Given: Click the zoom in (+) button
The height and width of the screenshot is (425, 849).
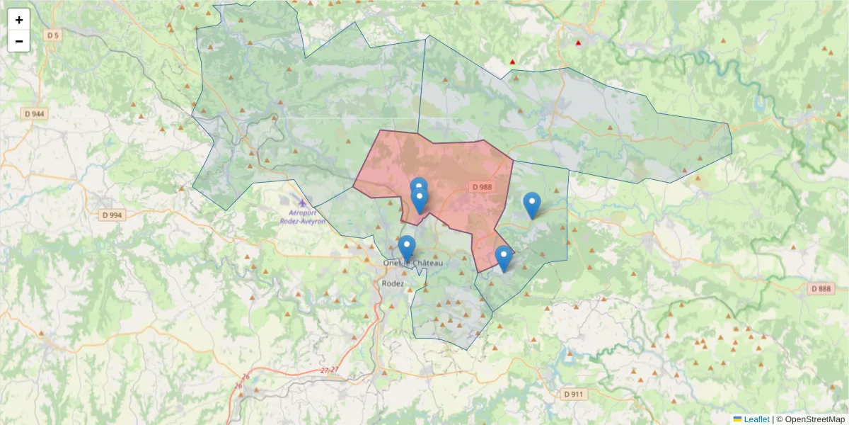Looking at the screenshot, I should click(x=19, y=20).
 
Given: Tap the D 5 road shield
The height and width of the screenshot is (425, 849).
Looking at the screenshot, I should click(x=52, y=35).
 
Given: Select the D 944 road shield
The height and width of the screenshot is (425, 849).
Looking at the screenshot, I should click(x=34, y=113).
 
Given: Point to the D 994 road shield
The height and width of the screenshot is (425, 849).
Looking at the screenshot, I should click(x=112, y=215).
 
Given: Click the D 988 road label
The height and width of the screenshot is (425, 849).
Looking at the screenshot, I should click(x=481, y=187).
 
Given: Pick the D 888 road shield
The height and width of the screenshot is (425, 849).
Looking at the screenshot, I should click(x=821, y=289).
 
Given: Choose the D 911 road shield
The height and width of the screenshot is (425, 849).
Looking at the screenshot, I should click(x=575, y=394).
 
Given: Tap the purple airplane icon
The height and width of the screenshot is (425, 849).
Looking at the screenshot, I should click(x=303, y=203).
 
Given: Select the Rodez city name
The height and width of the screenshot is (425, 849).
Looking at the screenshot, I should click(x=392, y=283).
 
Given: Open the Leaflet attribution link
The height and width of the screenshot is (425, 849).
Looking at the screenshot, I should click(x=756, y=419).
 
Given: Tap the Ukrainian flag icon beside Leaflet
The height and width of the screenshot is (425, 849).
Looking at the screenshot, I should click(x=738, y=419).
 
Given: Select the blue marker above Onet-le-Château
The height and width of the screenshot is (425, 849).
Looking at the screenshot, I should click(x=406, y=248).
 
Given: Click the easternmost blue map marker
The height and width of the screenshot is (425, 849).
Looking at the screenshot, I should click(x=532, y=205).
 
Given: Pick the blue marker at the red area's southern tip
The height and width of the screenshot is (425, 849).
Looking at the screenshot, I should click(x=503, y=258).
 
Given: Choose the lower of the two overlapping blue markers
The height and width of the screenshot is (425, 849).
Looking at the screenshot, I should click(x=420, y=200).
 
